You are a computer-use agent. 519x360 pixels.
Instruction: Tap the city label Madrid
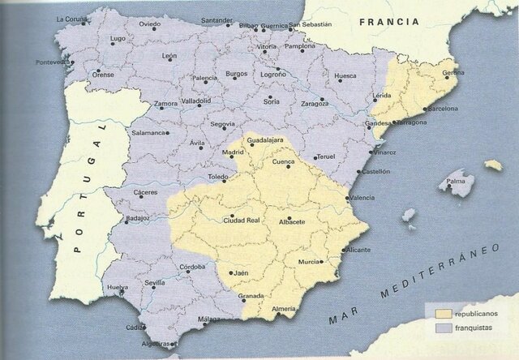[x=233, y=152]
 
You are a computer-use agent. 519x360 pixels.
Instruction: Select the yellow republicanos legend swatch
[x=443, y=312]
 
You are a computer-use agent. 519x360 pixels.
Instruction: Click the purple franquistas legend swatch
[x=443, y=328]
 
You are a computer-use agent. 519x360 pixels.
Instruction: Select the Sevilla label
[x=155, y=283]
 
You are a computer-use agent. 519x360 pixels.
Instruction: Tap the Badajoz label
[x=139, y=219]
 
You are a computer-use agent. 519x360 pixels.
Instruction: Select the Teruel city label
[x=325, y=156]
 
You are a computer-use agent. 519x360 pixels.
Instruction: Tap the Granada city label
[x=251, y=296]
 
